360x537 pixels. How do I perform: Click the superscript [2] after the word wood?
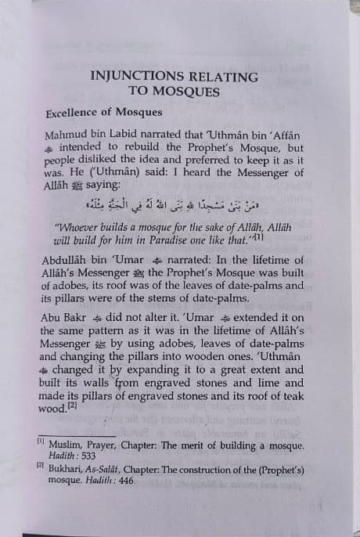pyautogui.click(x=71, y=405)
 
